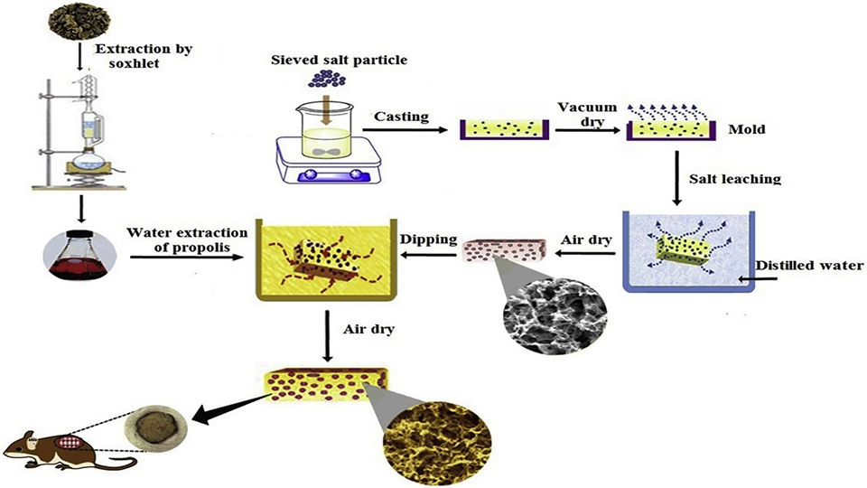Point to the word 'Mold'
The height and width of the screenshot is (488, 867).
click(x=746, y=129)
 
